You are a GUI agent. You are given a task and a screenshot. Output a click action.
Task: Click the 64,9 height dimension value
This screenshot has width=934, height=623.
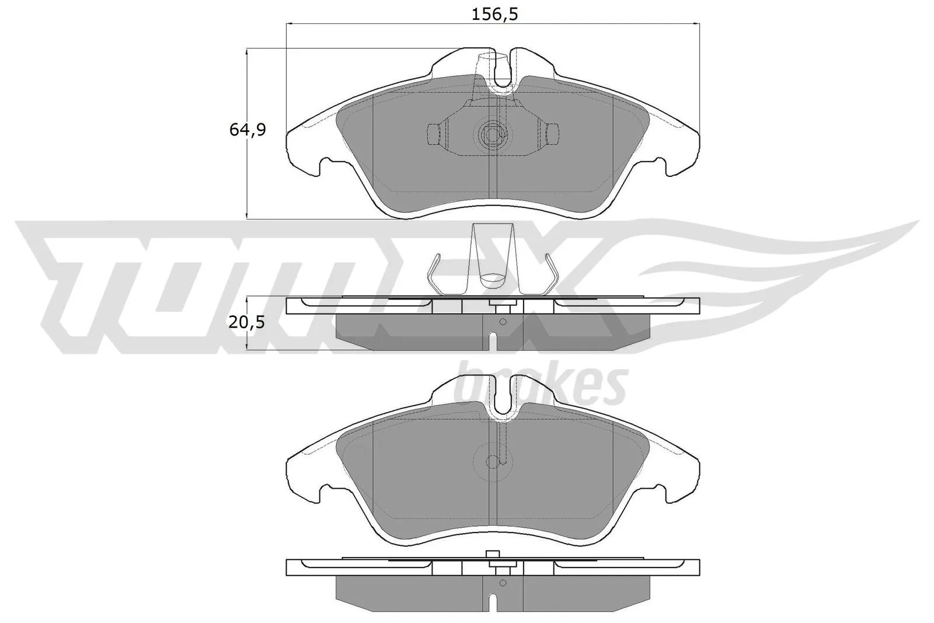pos(247,130)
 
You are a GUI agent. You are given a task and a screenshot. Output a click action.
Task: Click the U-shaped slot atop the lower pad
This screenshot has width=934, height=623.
pos(501,397)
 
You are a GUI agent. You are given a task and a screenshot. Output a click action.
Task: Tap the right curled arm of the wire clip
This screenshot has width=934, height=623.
pos(552,274)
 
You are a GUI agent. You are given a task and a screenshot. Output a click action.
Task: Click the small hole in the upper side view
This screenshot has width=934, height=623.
pos(503,321)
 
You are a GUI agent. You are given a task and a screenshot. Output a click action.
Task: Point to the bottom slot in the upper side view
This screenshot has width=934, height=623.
pos(493,342)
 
